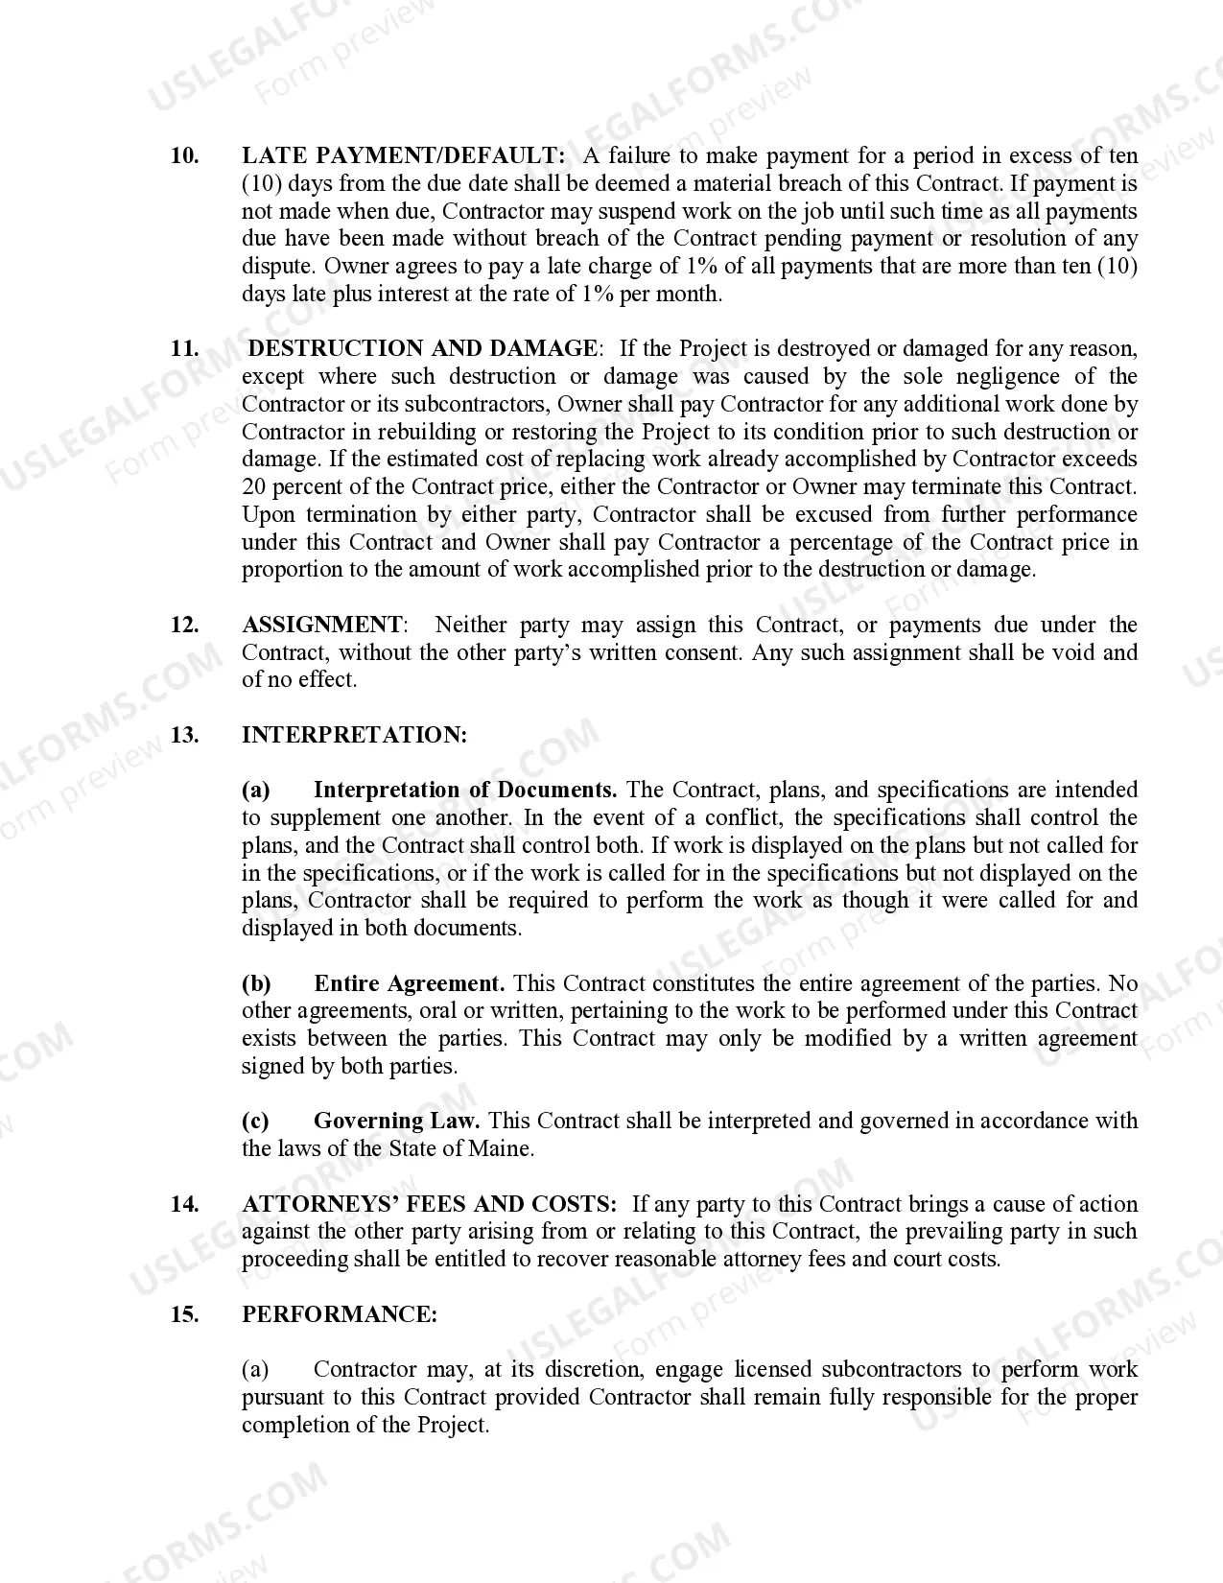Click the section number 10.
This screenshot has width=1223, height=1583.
click(x=184, y=155)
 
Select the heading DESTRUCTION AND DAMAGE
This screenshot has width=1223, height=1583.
click(x=422, y=348)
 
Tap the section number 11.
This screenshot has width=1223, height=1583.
click(x=184, y=348)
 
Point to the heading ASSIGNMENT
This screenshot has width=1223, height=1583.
click(x=323, y=625)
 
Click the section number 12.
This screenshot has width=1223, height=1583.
click(x=184, y=625)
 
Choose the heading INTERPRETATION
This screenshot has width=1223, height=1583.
click(x=354, y=735)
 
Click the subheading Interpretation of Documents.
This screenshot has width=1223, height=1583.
click(x=464, y=790)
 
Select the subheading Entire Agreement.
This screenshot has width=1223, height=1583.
click(x=409, y=983)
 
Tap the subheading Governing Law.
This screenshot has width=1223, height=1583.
click(x=396, y=1121)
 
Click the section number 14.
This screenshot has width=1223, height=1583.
click(x=184, y=1204)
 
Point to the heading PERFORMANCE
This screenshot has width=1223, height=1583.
click(x=339, y=1314)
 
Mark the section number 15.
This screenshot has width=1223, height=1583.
click(x=184, y=1314)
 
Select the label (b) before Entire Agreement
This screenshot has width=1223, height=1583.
click(x=256, y=983)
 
